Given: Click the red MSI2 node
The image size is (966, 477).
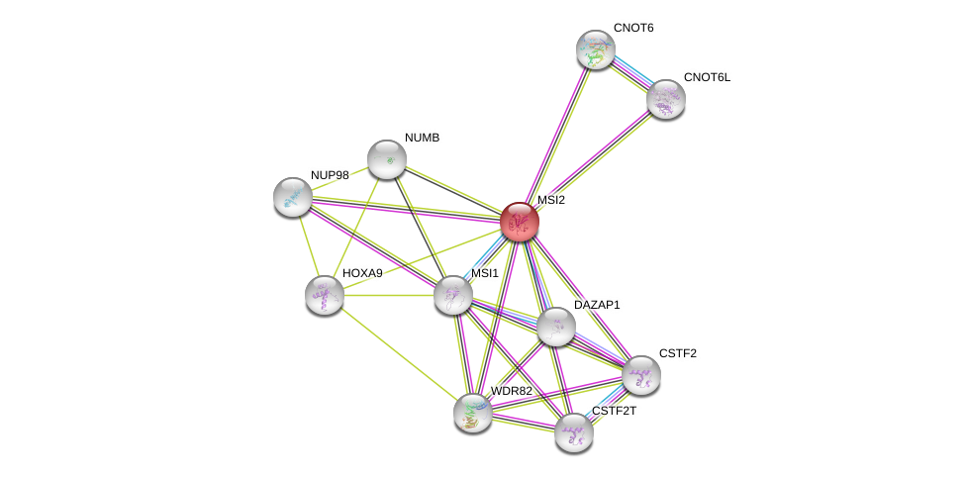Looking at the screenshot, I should (x=519, y=222).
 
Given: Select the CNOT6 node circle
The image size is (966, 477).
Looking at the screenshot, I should (x=596, y=49).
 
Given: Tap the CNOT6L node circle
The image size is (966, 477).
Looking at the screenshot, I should (x=666, y=99).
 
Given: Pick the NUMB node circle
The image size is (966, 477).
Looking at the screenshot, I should (x=387, y=159).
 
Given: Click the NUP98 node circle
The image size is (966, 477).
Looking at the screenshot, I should (x=293, y=197).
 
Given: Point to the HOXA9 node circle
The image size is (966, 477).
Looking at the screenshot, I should (x=325, y=295).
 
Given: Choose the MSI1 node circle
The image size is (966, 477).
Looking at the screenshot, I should (x=453, y=295).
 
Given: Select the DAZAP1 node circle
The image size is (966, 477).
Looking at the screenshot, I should (x=556, y=327).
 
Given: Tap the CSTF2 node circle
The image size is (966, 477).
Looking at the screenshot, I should (x=641, y=375).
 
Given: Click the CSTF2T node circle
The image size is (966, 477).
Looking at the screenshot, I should (x=574, y=432).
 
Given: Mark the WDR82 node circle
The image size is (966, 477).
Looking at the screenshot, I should (x=473, y=413).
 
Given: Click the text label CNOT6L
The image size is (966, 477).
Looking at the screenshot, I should (x=707, y=77).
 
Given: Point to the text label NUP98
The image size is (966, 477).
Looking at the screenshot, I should (x=330, y=175).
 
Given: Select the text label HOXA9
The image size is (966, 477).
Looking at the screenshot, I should (x=362, y=273).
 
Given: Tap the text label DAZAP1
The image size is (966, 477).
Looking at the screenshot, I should (x=597, y=305).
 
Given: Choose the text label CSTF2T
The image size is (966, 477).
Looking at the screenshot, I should (x=614, y=411).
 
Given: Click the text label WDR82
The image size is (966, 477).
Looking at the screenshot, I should (x=512, y=391).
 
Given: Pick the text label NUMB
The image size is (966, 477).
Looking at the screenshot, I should (x=422, y=138).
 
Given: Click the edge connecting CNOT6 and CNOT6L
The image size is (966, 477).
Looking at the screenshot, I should (x=631, y=74).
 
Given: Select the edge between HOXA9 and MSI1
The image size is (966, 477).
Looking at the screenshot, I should (x=389, y=295).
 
